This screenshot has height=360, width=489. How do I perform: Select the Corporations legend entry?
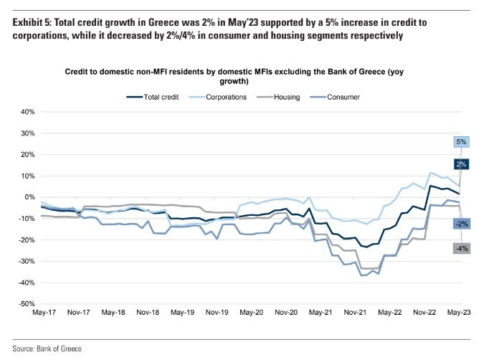coord(229,96)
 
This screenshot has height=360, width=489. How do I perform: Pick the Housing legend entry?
coord(293,96)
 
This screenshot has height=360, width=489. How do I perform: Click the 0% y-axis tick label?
coord(29,197)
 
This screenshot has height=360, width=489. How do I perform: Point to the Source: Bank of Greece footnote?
coord(48,349)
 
